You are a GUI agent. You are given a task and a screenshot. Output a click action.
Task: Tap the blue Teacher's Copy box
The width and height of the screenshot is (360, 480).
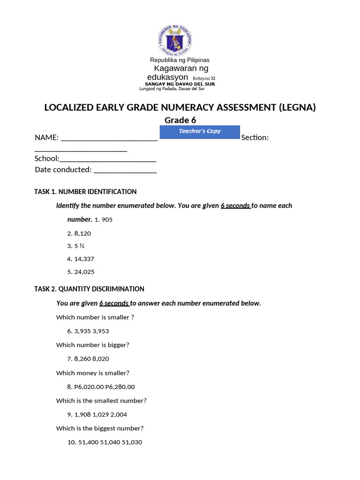pos(200,132)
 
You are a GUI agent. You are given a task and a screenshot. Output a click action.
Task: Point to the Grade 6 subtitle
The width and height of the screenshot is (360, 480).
pos(180,120)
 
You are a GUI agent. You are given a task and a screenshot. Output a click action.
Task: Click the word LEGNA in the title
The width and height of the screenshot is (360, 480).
pos(297,107)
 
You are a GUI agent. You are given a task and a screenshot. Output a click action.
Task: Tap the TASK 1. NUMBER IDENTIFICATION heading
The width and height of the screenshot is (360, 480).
pos(86,192)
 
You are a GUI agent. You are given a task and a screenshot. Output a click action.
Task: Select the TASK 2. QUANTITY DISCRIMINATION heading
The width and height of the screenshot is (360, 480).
pos(90,289)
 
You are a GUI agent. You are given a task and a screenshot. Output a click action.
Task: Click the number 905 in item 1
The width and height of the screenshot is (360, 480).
pos(107,219)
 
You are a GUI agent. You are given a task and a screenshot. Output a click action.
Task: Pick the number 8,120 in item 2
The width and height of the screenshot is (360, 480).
pos(82,232)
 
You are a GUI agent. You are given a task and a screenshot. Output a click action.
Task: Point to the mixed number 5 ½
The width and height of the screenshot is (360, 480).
pos(79,246)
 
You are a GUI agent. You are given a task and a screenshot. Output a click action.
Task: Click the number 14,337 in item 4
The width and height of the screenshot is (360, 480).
pos(84,259)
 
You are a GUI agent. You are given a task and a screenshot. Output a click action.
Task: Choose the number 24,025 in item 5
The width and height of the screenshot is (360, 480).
pos(84,272)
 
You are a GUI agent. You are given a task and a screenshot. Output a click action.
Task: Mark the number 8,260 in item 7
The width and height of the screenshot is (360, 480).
pos(82,359)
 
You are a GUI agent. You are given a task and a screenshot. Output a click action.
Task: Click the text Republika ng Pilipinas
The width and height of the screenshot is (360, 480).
pos(180,60)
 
